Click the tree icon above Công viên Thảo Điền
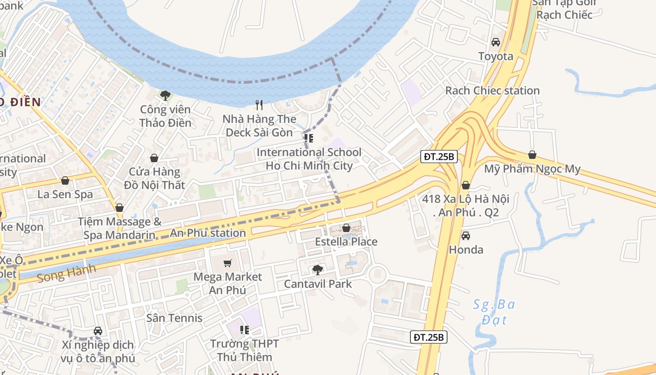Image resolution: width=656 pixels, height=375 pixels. [x=165, y=96]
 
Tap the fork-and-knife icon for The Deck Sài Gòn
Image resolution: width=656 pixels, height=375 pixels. [x=259, y=105]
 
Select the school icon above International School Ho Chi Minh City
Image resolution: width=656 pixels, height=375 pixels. [x=309, y=138]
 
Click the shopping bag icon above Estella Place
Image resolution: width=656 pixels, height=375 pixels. [x=346, y=228]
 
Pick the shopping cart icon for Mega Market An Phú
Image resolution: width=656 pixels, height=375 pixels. [x=228, y=263]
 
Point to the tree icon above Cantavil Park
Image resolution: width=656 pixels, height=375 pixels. [x=318, y=270]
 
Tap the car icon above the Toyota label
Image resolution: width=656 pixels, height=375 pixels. [x=495, y=42]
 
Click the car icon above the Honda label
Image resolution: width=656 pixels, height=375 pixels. [x=465, y=235]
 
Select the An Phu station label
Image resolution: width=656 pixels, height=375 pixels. [x=208, y=233]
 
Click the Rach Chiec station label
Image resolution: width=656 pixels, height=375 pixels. [x=492, y=90]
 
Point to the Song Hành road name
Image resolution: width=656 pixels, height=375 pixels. [x=66, y=273]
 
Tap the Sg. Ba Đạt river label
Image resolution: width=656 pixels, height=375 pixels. [x=493, y=312]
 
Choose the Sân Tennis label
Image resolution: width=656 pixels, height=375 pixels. [x=174, y=318]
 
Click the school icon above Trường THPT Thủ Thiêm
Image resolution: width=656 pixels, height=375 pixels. [x=244, y=330]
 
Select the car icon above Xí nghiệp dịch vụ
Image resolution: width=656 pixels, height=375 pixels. [x=97, y=330]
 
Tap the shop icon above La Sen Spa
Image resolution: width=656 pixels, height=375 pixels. [x=65, y=180]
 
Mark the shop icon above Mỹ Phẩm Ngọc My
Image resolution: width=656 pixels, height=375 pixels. [x=532, y=155]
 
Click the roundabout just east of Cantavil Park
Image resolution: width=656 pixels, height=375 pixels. [x=378, y=274]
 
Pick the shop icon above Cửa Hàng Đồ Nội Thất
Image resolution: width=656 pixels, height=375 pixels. [x=154, y=158]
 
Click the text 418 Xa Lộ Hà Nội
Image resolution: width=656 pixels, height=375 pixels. [x=465, y=199]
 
